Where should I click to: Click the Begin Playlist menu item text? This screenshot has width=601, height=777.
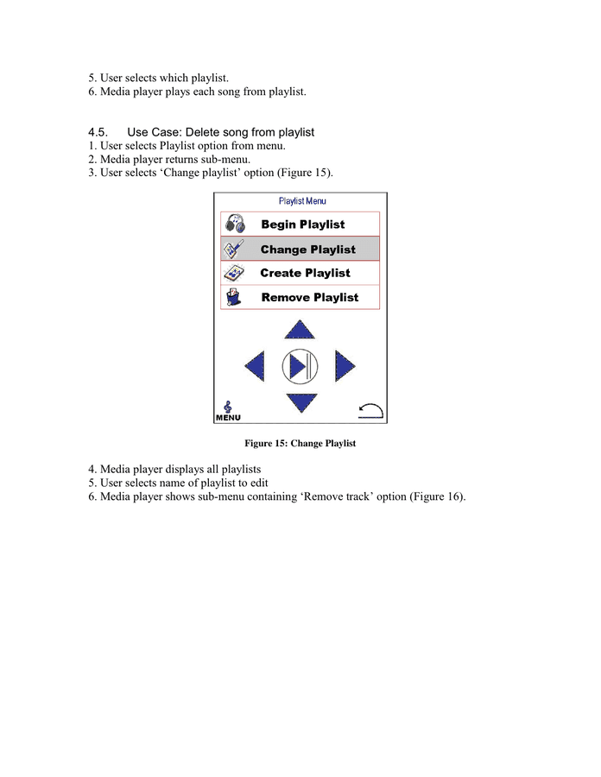pyautogui.click(x=302, y=224)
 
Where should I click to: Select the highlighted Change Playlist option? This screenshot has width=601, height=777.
pyautogui.click(x=307, y=250)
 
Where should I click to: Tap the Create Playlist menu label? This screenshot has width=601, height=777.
pyautogui.click(x=305, y=273)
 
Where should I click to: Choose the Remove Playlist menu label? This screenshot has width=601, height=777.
pyautogui.click(x=309, y=298)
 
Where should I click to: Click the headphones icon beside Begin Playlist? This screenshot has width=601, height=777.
pyautogui.click(x=234, y=224)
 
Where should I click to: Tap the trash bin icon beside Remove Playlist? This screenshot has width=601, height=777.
pyautogui.click(x=233, y=298)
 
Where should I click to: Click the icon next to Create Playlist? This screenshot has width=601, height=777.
pyautogui.click(x=234, y=273)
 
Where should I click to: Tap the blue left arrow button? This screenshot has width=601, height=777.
pyautogui.click(x=256, y=367)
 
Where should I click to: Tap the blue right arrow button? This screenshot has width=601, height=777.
pyautogui.click(x=345, y=367)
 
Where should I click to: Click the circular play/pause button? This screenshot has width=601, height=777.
pyautogui.click(x=300, y=367)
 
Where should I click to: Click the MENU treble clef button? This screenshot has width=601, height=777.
pyautogui.click(x=228, y=411)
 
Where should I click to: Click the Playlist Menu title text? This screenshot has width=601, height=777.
pyautogui.click(x=302, y=201)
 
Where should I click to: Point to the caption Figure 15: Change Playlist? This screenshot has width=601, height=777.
pyautogui.click(x=300, y=444)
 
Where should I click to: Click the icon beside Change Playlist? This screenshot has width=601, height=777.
pyautogui.click(x=234, y=250)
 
